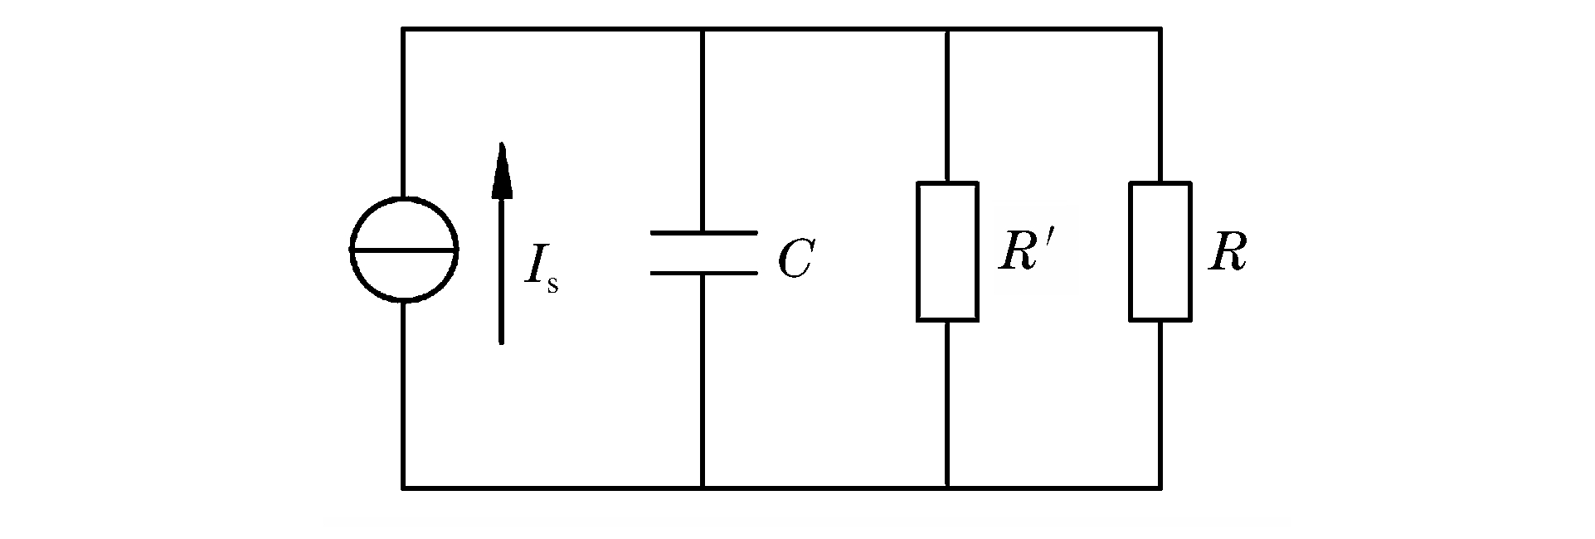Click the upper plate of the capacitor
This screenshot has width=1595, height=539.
point(703,233)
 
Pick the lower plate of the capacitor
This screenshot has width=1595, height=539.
point(703,272)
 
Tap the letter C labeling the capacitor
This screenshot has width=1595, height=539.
point(795,260)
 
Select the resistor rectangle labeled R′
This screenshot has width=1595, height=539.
point(947,251)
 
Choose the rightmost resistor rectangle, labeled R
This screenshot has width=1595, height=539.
point(1160,251)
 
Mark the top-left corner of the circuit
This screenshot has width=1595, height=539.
point(404,30)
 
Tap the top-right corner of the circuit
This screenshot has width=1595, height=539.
point(1160,30)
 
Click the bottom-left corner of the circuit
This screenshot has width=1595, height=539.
point(404,488)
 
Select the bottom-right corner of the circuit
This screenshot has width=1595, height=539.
point(1160,488)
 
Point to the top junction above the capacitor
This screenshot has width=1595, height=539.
point(703,30)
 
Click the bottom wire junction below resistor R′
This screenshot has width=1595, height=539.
point(947,488)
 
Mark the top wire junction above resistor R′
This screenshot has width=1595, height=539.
point(947,30)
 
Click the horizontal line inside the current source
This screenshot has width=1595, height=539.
point(403,249)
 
